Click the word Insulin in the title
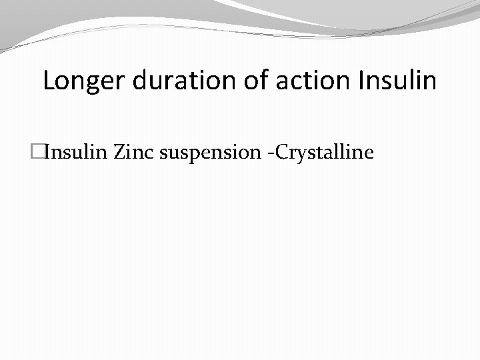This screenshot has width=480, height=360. [397, 81]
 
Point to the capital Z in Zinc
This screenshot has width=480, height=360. [119, 153]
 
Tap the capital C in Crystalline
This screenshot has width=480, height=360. [281, 153]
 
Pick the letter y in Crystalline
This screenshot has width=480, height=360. [298, 155]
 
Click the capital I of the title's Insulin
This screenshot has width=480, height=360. [361, 81]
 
